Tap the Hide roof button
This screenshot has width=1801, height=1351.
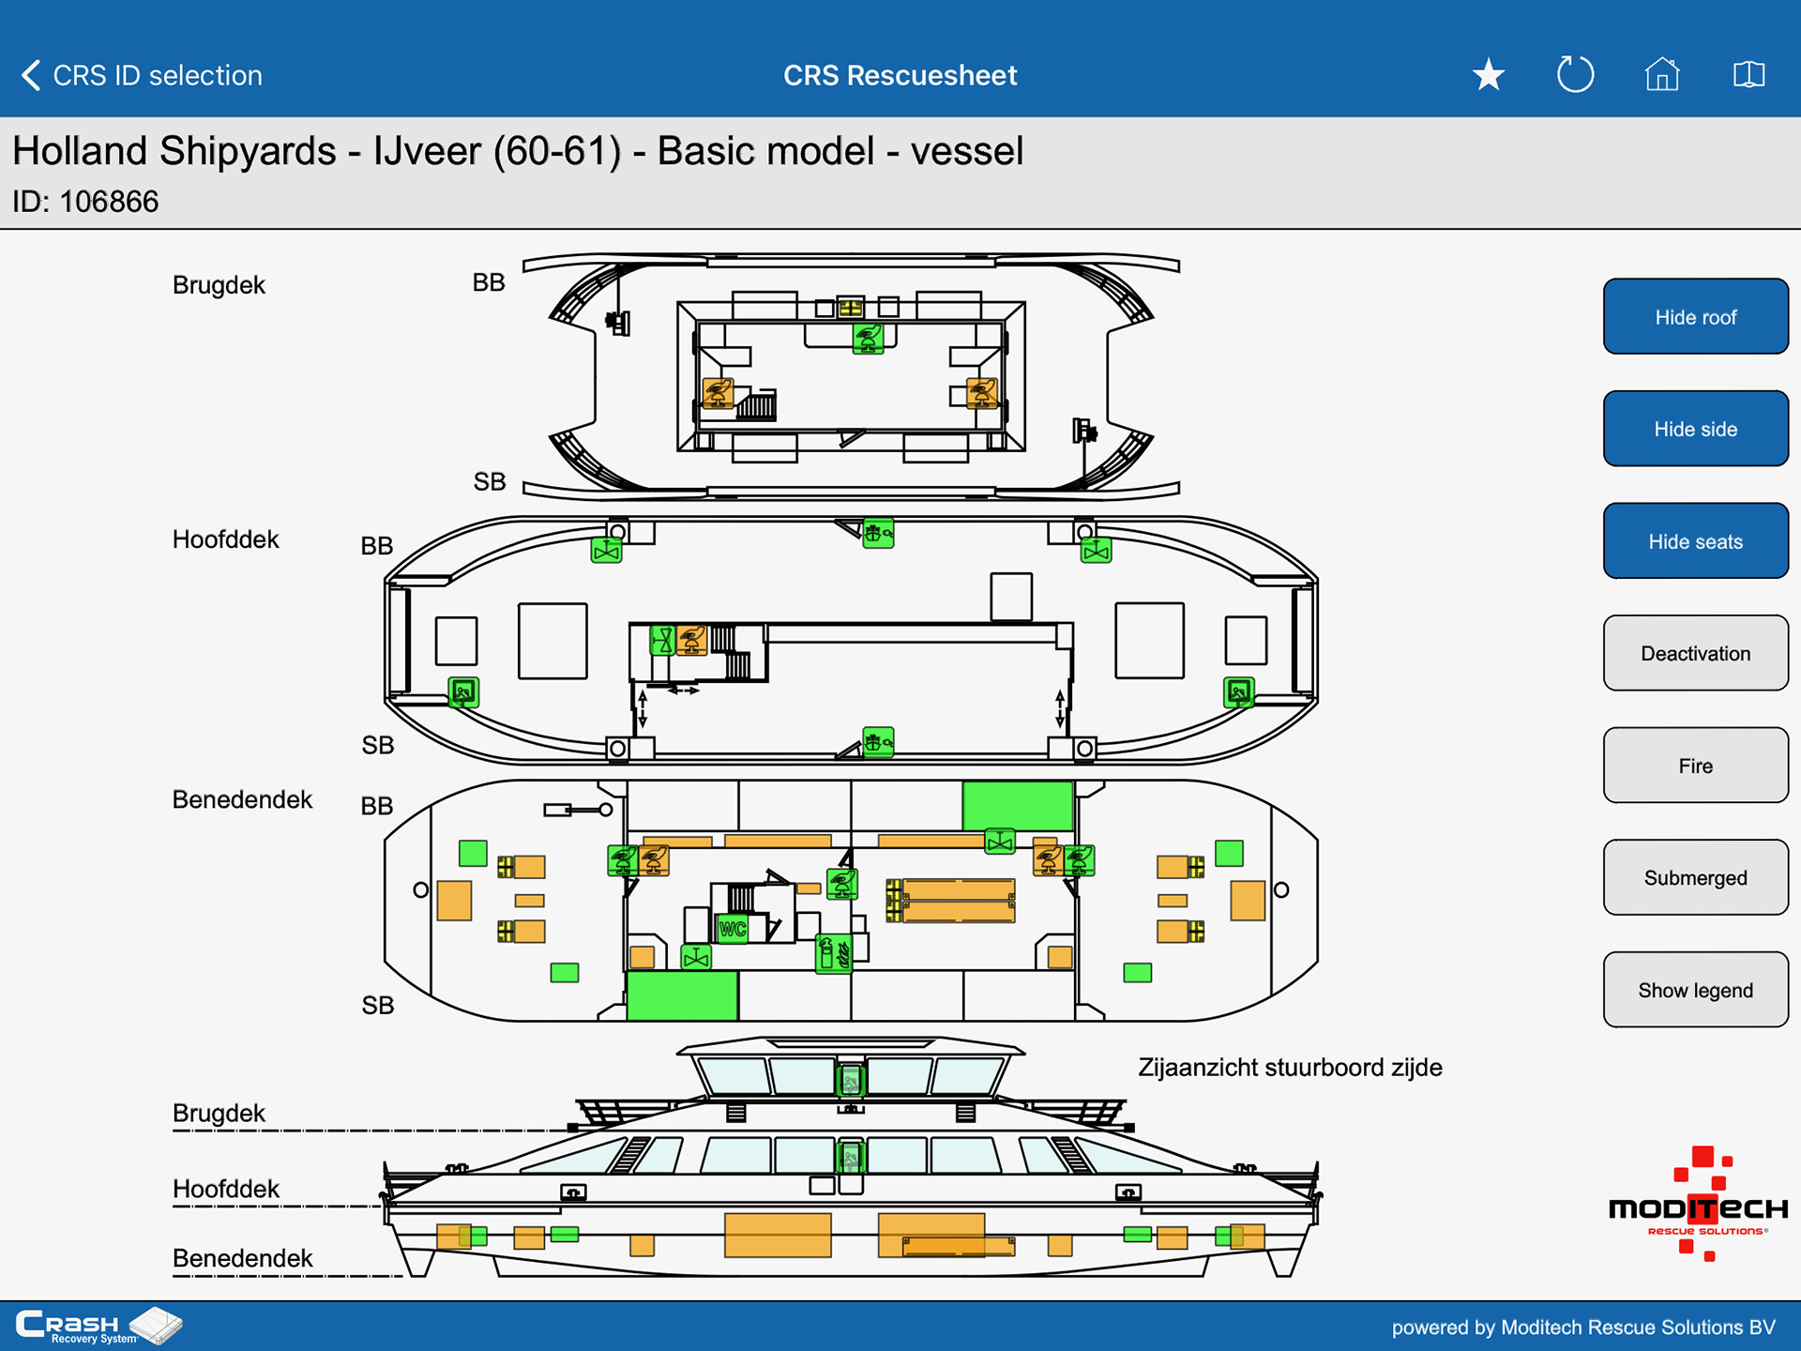click(x=1695, y=316)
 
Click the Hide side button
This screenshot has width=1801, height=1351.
click(x=1695, y=429)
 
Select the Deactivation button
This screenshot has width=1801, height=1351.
click(x=1695, y=653)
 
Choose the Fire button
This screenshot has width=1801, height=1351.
click(x=1695, y=766)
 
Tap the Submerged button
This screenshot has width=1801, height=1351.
click(x=1695, y=877)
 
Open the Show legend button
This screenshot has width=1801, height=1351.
click(x=1695, y=990)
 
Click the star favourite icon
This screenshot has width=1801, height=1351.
click(x=1489, y=74)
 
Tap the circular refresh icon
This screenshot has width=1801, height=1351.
click(x=1575, y=74)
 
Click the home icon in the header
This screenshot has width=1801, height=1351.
click(x=1662, y=74)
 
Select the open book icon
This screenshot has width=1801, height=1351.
click(x=1748, y=74)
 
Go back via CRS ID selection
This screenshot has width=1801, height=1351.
click(x=141, y=75)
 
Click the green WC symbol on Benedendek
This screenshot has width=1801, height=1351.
click(x=733, y=929)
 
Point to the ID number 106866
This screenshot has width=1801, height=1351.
click(x=109, y=202)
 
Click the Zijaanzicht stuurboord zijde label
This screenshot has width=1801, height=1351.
click(x=1290, y=1068)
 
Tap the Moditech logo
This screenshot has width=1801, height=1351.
click(x=1698, y=1205)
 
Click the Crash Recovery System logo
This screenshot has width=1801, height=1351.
click(x=98, y=1326)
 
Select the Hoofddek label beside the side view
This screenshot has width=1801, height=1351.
click(x=226, y=1189)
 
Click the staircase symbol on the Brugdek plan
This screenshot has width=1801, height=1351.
click(x=756, y=404)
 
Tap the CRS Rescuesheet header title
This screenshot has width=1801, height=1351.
click(x=900, y=75)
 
